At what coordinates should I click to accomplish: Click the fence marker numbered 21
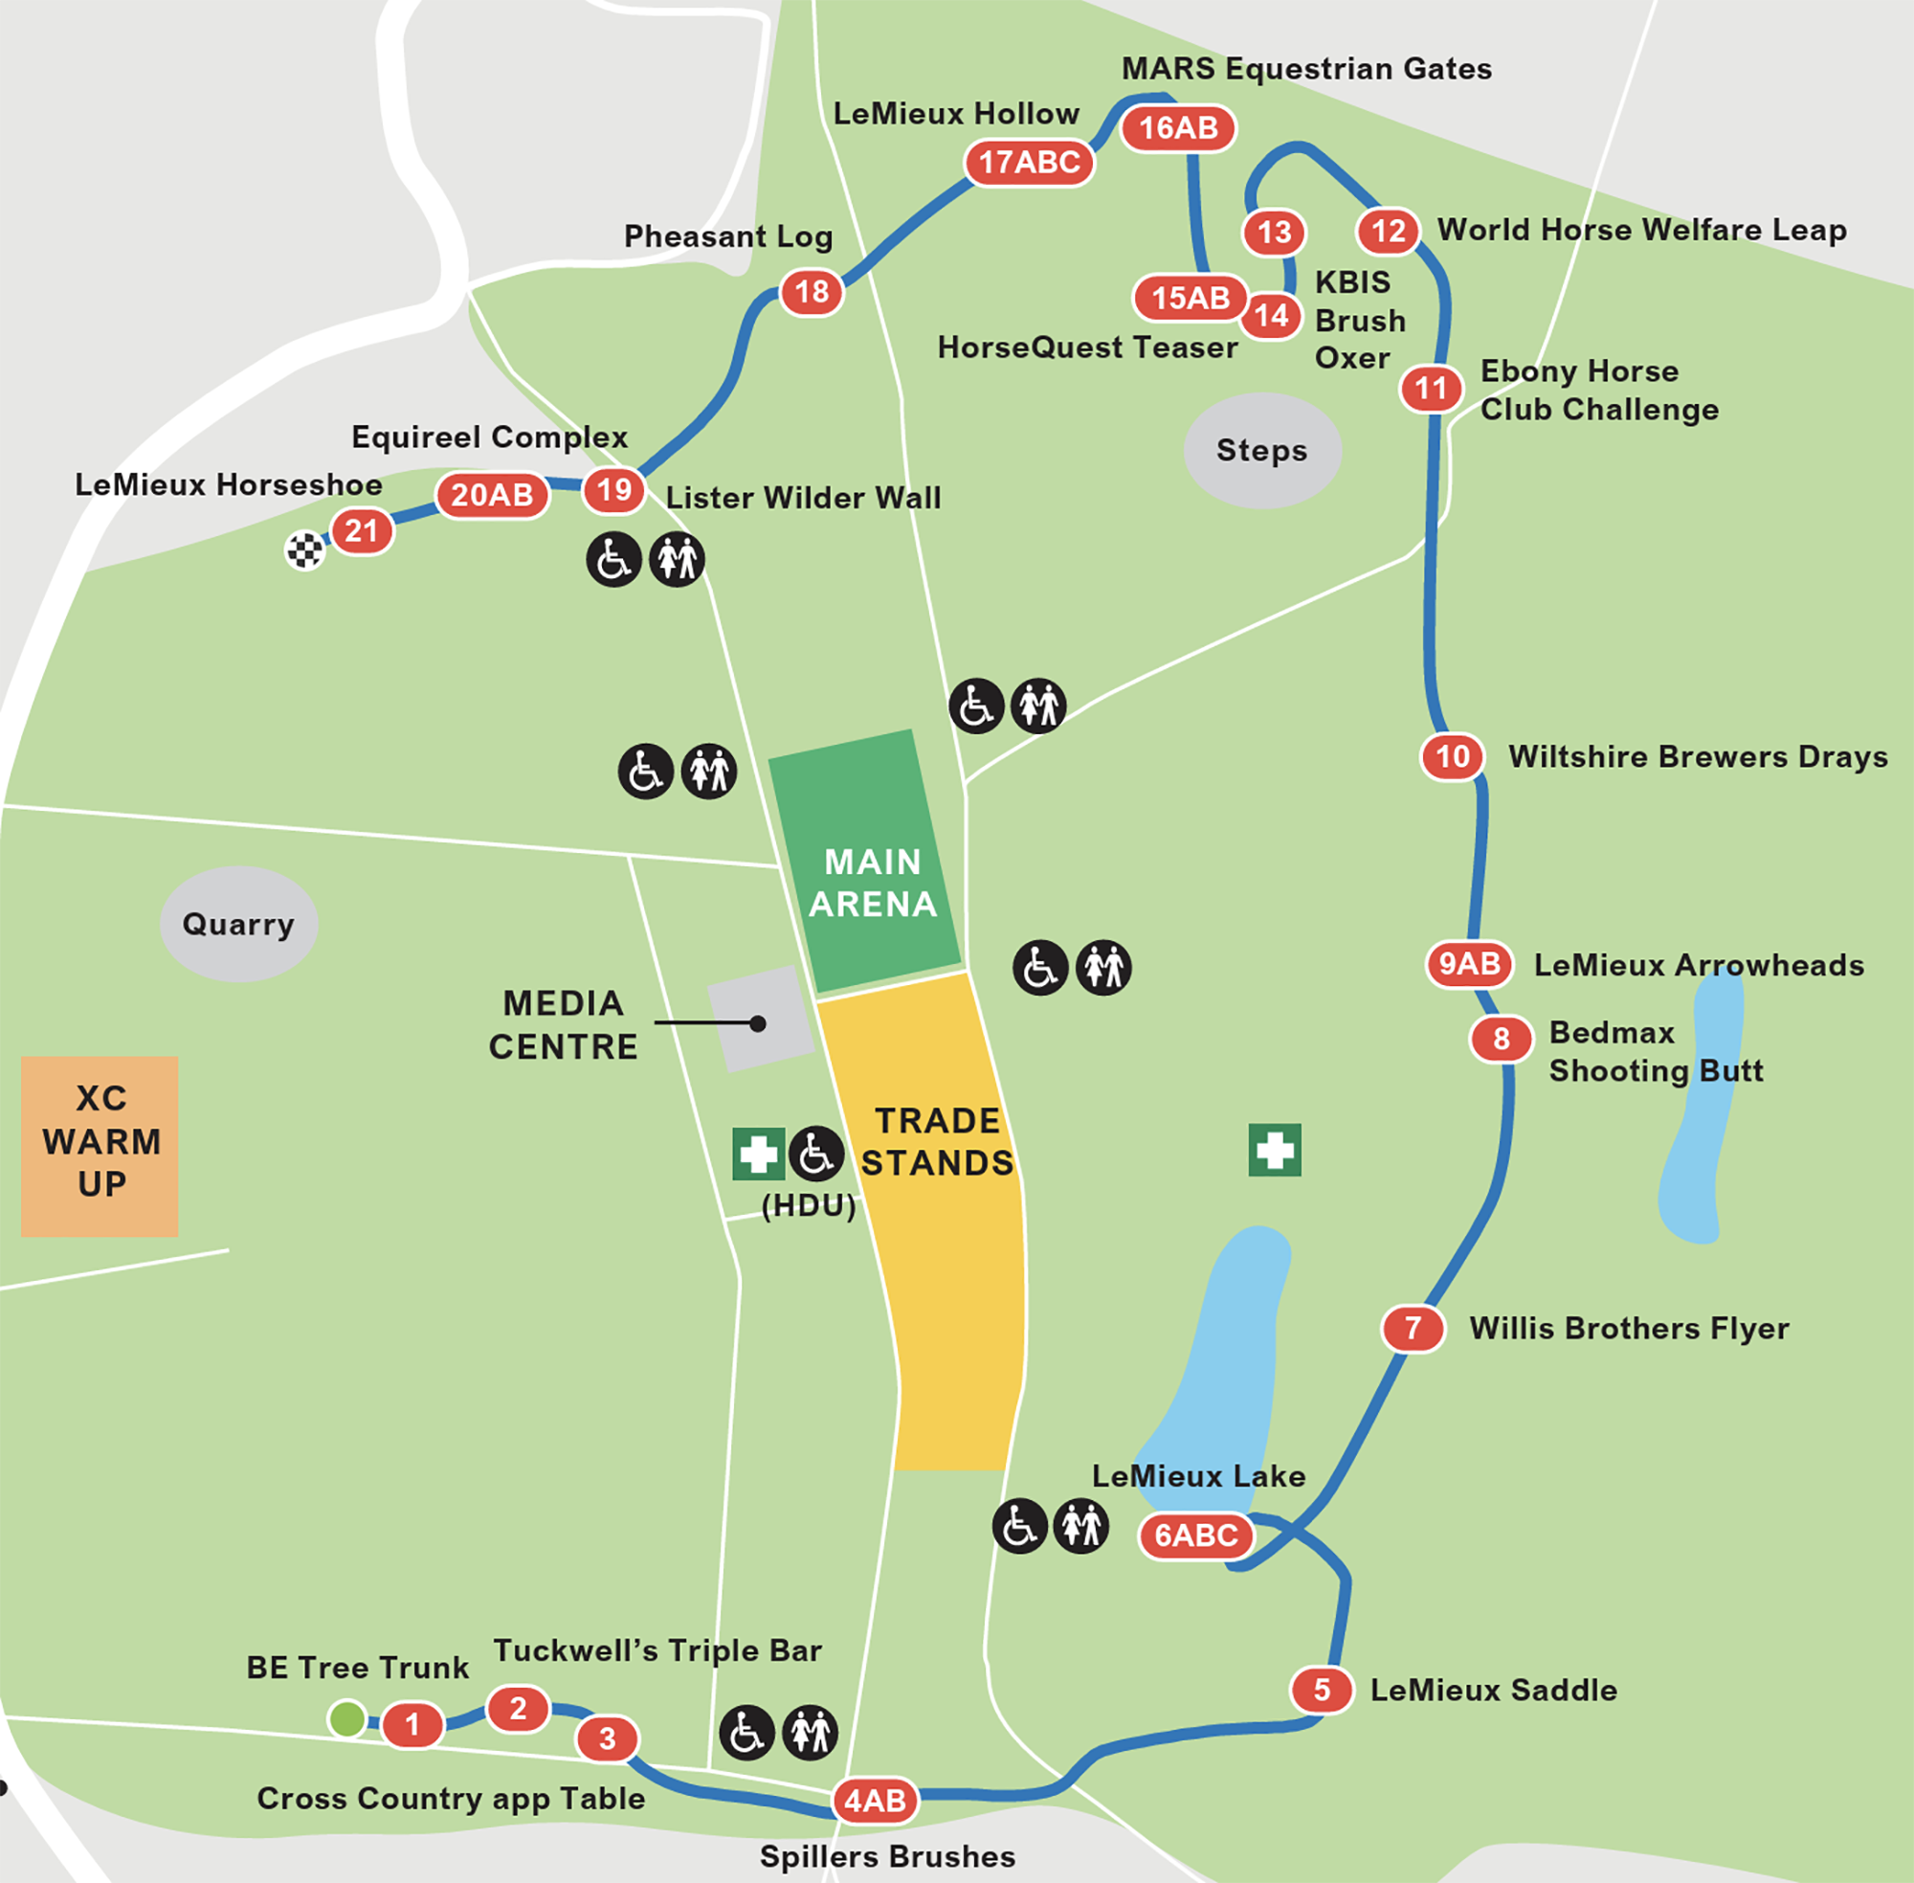[362, 532]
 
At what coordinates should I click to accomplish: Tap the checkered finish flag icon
[304, 549]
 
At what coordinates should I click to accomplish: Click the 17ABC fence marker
[1029, 162]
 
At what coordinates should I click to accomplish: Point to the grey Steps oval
[1261, 451]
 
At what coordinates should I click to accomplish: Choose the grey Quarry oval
[238, 924]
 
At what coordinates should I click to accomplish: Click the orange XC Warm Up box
[100, 1145]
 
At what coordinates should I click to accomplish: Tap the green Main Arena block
[866, 861]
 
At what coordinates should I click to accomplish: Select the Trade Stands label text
[937, 1141]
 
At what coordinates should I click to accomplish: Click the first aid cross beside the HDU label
[758, 1154]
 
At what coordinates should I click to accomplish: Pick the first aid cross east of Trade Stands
[1275, 1150]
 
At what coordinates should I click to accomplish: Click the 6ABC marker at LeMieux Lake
[1196, 1535]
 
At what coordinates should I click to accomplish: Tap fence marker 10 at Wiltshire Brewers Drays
[1453, 756]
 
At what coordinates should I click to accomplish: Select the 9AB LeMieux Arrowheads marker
[1469, 963]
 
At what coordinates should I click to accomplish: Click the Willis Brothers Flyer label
[1628, 1328]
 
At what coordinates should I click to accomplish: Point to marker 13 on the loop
[1275, 233]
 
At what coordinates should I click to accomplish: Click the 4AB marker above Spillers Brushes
[875, 1800]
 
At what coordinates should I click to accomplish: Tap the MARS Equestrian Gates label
[1306, 69]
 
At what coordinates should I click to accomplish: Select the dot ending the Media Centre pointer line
[757, 1023]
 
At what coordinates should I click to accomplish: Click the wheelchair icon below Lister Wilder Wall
[614, 560]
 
